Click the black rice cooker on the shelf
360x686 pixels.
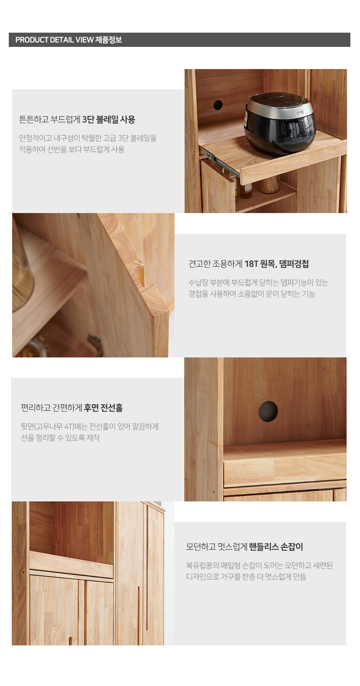[x=280, y=124]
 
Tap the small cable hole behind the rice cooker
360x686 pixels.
[x=218, y=105]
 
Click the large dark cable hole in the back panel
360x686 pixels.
[x=268, y=411]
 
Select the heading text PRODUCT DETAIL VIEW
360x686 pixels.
[x=54, y=40]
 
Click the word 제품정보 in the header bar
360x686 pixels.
[x=108, y=40]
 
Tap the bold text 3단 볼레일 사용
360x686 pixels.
[x=109, y=119]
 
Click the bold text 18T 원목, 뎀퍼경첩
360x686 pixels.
[x=277, y=264]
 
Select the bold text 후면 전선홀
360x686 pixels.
[x=103, y=408]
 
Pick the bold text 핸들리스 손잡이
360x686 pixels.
[x=276, y=547]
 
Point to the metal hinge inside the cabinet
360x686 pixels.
[x=95, y=345]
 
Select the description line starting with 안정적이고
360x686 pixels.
[x=88, y=138]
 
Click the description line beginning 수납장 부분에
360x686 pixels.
[x=258, y=283]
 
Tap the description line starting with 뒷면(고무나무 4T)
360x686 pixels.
[x=90, y=427]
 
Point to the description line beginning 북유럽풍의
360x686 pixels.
[x=259, y=565]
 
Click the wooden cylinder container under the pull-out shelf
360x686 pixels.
[x=269, y=185]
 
